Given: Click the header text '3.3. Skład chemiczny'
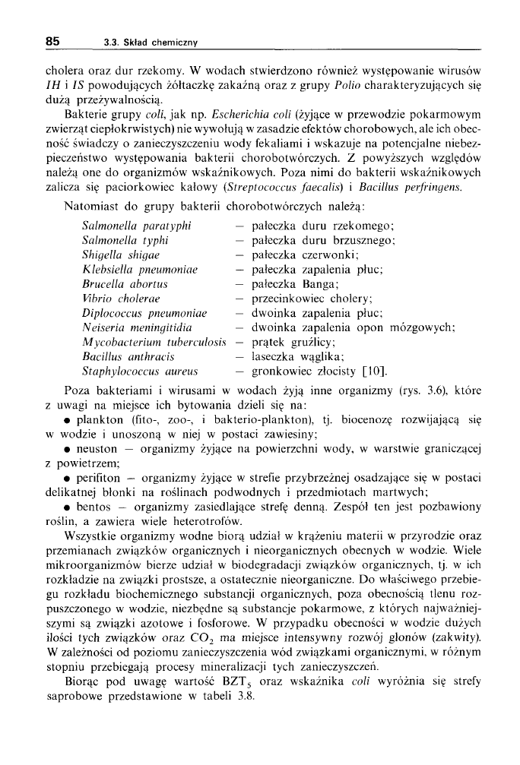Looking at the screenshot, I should coord(151,43).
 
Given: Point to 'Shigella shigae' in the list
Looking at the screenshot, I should coord(117,254).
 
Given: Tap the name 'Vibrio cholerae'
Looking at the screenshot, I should coord(119,299).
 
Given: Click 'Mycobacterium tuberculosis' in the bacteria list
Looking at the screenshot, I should coord(154,342).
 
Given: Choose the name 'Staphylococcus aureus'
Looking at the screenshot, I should coord(139,371).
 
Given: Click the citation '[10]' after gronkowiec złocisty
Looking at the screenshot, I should coord(375,371).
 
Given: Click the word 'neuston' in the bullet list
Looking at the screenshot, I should coord(95,447).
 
